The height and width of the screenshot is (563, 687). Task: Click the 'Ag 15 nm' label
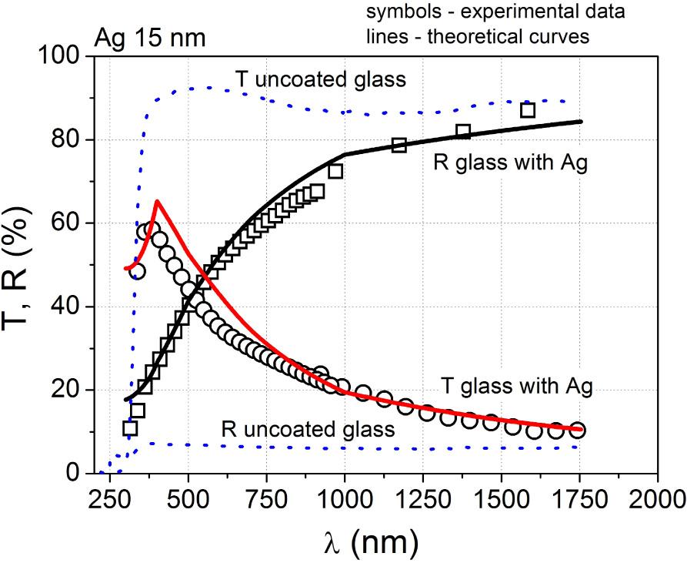(150, 38)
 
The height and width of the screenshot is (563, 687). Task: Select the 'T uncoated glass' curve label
(319, 78)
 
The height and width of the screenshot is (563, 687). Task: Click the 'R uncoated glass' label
(308, 428)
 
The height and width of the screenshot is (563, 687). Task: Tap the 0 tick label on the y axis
(72, 473)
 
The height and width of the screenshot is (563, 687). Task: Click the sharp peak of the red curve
(157, 201)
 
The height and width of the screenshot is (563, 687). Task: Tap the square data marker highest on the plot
(528, 110)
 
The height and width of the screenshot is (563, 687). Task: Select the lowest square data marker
(130, 428)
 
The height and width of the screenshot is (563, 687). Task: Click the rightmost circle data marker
(578, 430)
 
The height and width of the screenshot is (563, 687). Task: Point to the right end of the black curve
(581, 121)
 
